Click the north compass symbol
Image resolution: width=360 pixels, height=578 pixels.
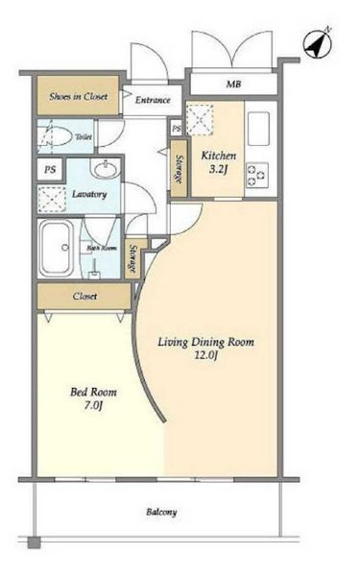[317, 44]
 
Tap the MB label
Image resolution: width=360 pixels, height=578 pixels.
[233, 84]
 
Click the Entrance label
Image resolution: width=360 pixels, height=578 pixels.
[153, 100]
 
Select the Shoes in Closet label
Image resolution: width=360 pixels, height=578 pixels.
[79, 97]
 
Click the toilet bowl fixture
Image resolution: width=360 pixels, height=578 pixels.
[56, 136]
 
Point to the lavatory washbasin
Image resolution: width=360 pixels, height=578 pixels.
[106, 169]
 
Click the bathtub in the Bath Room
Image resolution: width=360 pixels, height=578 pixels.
[58, 248]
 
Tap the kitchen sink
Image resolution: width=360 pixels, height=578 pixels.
[258, 129]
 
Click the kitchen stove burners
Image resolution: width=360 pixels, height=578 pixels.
[257, 175]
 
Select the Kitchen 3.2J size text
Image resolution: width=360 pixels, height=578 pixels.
[219, 162]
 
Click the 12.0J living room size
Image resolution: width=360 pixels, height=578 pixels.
[206, 355]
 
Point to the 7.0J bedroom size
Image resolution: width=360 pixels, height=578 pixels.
[93, 405]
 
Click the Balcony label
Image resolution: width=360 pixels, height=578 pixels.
[161, 512]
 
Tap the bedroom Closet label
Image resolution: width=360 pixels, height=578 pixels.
[84, 296]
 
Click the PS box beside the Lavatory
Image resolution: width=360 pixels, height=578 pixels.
[50, 170]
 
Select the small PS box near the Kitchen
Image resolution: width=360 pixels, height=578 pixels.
[177, 129]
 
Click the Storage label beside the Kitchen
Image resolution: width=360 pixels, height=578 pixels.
[180, 169]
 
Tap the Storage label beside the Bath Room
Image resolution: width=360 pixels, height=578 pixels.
[132, 259]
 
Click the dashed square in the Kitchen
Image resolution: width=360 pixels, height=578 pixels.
[200, 120]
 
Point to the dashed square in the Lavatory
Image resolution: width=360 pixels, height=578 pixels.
[52, 200]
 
